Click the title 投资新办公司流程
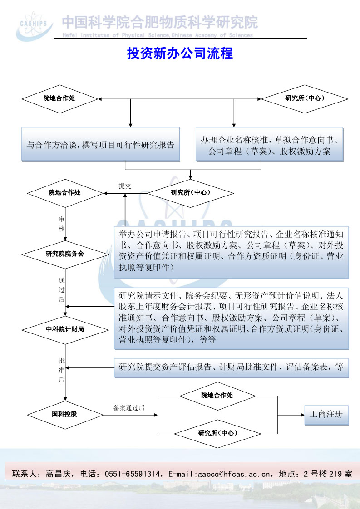click(x=180, y=54)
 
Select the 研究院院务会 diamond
click(x=65, y=254)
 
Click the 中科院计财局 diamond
click(x=65, y=329)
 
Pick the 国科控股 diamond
click(x=65, y=414)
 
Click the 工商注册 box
click(x=326, y=415)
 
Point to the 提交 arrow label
click(x=125, y=186)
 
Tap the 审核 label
click(x=62, y=224)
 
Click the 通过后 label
click(x=62, y=290)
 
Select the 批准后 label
click(x=62, y=370)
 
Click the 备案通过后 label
click(x=129, y=407)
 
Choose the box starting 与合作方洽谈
click(x=100, y=145)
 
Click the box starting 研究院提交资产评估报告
click(x=231, y=368)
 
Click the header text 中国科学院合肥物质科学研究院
click(x=159, y=22)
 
